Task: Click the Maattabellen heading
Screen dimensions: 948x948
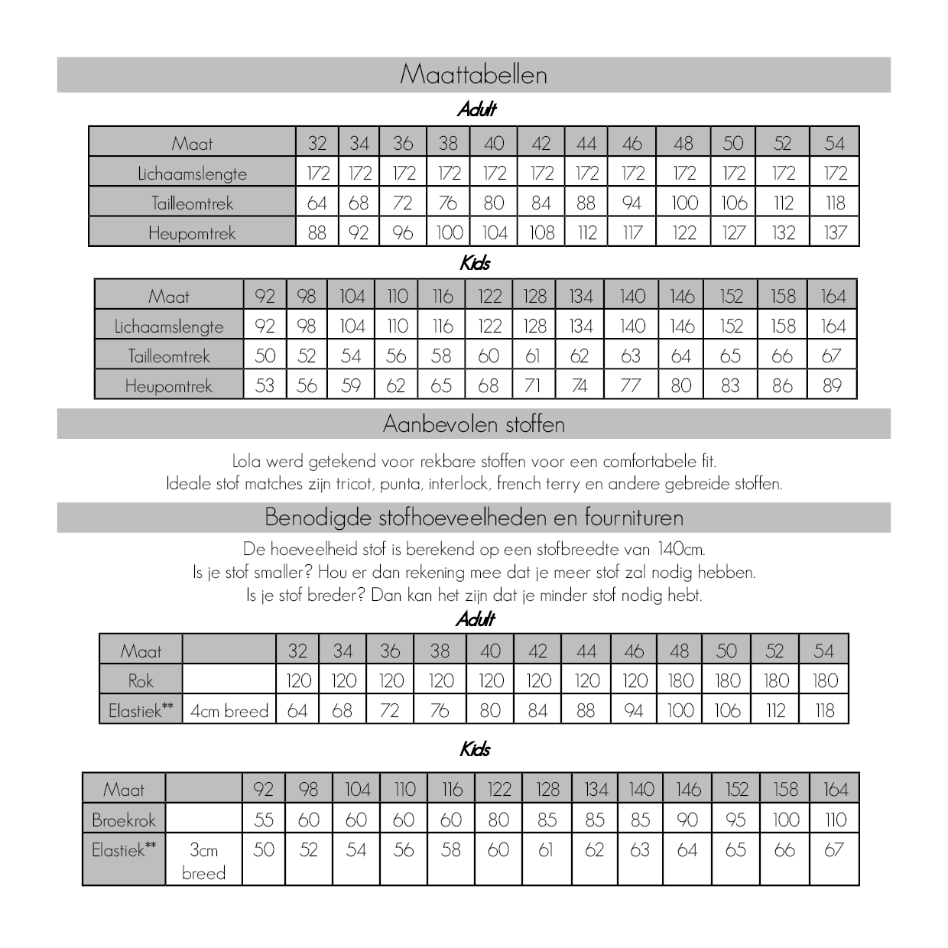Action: pos(473,75)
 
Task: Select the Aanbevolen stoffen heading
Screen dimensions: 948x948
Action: pos(473,424)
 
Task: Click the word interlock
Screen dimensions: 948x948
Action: pos(459,484)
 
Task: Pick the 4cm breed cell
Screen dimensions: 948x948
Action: pos(229,711)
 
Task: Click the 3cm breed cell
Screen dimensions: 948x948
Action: pos(203,861)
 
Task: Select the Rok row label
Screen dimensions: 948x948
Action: pos(141,680)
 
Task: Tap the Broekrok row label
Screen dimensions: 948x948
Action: pos(123,820)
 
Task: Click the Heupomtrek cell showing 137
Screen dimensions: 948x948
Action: pos(835,232)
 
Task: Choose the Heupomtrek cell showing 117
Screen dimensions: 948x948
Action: pos(632,232)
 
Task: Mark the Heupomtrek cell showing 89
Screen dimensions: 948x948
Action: pos(832,386)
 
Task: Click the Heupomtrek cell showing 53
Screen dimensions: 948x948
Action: pos(265,386)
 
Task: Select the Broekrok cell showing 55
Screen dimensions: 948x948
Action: pos(264,820)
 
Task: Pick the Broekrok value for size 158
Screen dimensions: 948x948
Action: pos(785,820)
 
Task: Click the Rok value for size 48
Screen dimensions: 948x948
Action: pos(680,680)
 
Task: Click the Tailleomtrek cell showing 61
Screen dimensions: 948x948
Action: pos(533,356)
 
